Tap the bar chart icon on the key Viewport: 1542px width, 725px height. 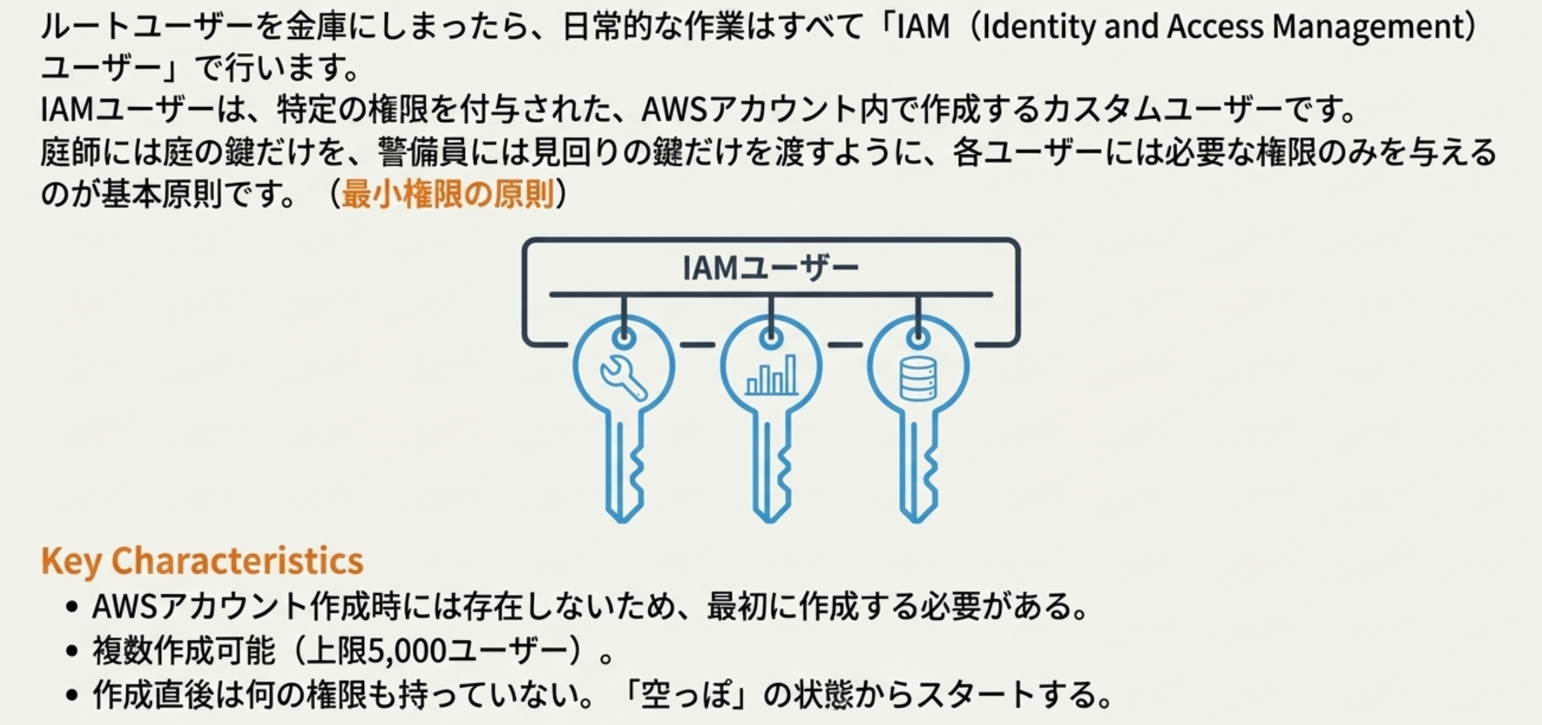pos(771,375)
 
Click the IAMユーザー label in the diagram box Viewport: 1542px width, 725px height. pos(770,268)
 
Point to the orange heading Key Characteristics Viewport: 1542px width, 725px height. pos(202,561)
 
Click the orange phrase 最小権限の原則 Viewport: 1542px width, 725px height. pos(448,194)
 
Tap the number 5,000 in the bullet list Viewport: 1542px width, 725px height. pos(407,650)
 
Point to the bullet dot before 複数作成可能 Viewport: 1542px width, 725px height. pos(72,651)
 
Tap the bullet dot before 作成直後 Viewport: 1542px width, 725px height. pos(72,695)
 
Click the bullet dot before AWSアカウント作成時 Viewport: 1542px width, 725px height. pos(72,607)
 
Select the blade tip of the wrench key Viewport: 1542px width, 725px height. pos(622,516)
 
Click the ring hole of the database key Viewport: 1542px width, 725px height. pos(918,338)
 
